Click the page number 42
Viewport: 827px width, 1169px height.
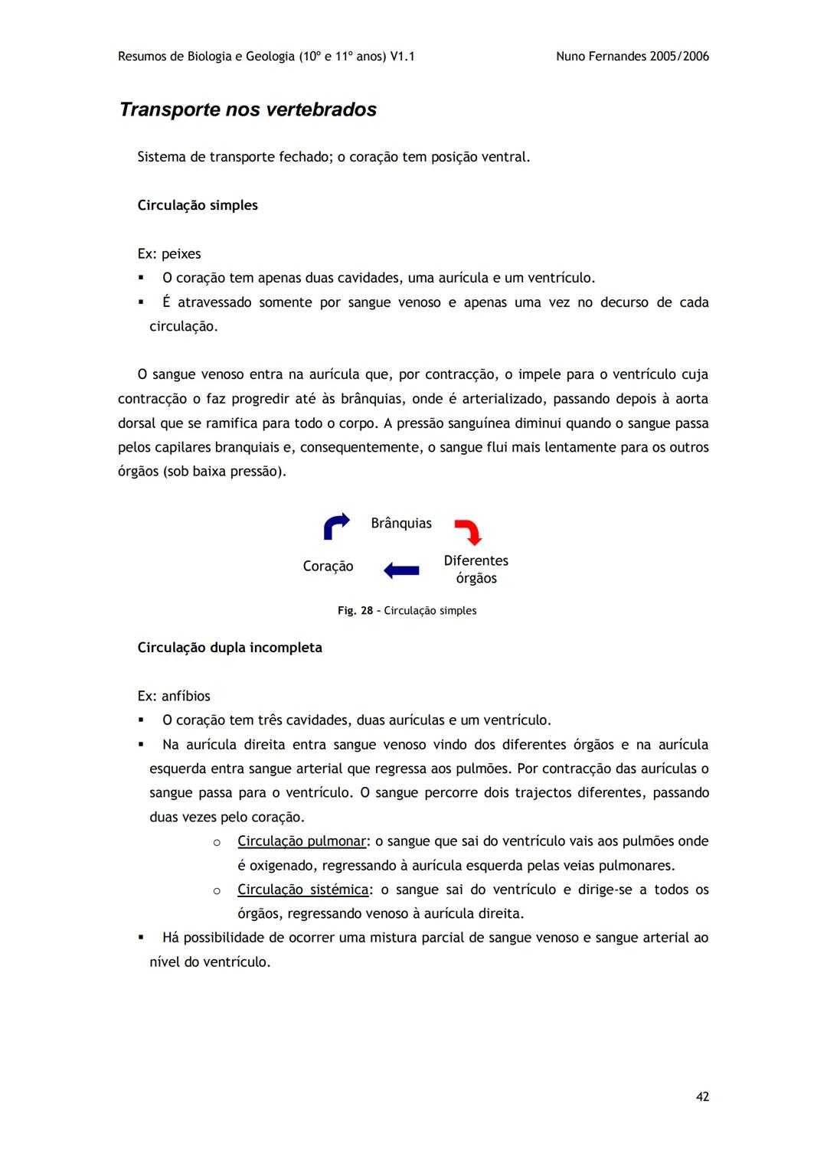[702, 1096]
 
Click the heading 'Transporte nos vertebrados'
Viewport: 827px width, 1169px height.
[248, 109]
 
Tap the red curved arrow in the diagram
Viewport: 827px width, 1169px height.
[468, 531]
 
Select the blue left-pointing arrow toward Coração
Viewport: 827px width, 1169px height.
[401, 570]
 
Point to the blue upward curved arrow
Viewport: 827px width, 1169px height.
[335, 526]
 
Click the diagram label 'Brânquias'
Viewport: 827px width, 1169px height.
[401, 524]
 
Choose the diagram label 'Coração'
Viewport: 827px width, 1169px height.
[328, 567]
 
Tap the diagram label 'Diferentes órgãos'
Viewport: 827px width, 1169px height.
[476, 570]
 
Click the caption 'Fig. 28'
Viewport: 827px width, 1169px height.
[355, 611]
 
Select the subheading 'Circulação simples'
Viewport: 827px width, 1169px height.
[198, 205]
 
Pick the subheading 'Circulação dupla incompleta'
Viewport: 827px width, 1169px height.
[230, 648]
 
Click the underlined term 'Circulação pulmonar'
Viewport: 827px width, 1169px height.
[302, 841]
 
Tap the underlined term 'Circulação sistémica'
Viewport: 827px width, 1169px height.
[303, 890]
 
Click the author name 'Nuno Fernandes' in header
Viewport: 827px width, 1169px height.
[600, 57]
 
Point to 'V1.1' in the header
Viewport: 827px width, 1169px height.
[402, 57]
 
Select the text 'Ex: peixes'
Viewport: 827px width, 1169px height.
[169, 254]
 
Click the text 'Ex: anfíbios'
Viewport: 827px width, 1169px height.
[174, 696]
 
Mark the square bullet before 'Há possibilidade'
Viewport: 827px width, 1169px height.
[141, 937]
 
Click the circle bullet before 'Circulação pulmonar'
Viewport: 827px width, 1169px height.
[217, 842]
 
